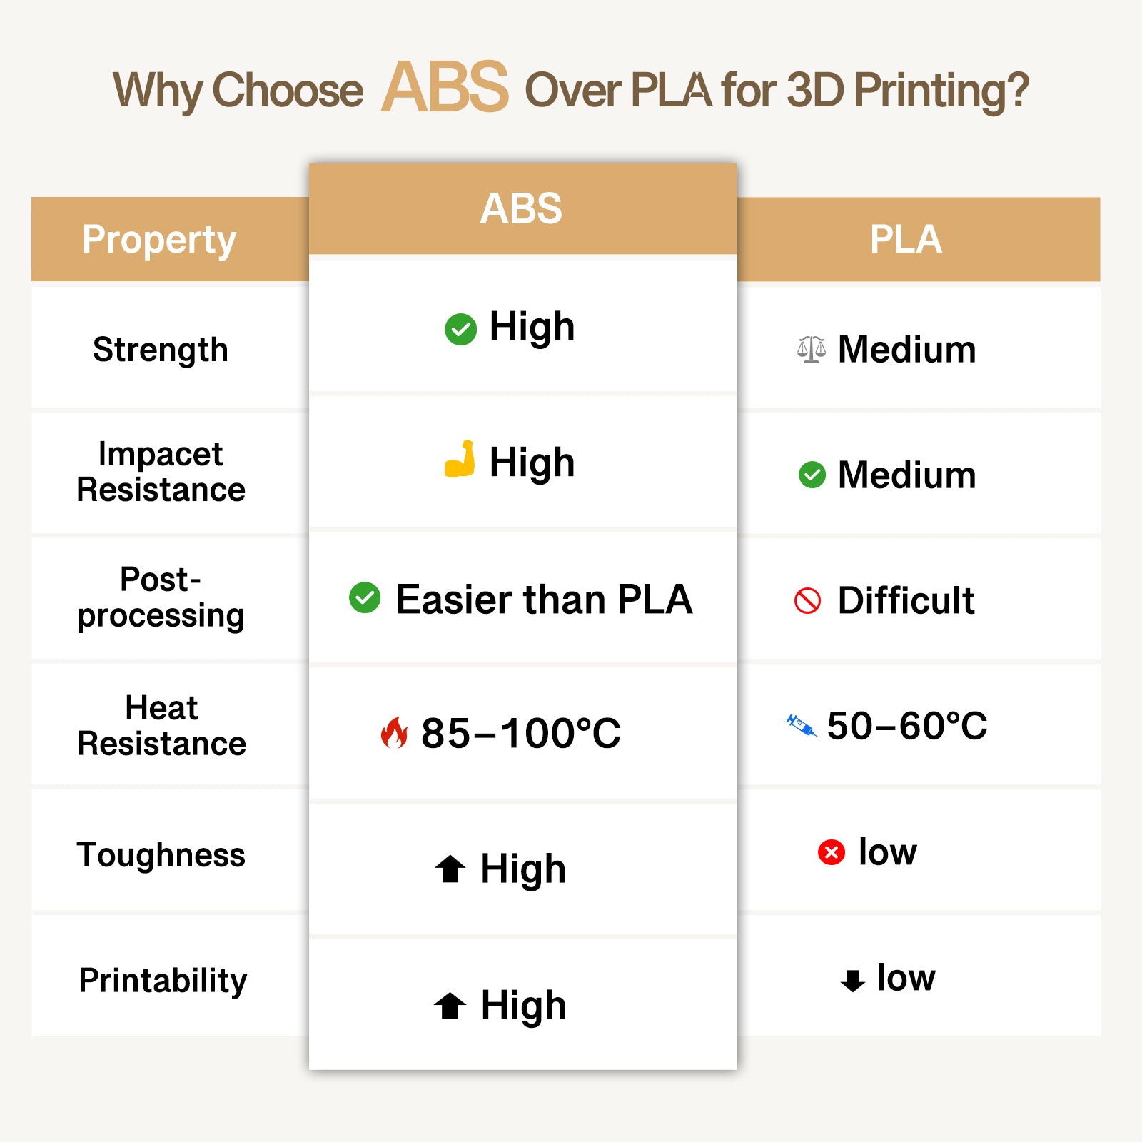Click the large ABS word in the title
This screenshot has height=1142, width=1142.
pos(445,87)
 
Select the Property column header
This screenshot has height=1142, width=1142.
pos(158,239)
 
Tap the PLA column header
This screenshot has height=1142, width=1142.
pos(906,239)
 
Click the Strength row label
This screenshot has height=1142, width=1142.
pos(161,350)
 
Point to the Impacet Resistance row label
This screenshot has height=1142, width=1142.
pos(161,472)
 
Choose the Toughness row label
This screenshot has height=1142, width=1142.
pos(161,855)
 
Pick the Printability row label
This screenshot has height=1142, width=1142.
pos(163,981)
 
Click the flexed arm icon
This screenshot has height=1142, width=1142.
pos(460,459)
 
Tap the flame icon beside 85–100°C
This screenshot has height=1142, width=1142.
pos(394,732)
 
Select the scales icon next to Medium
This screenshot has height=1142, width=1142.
pos(812,349)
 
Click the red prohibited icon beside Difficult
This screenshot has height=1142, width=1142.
pos(807,600)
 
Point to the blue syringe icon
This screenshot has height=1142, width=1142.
pos(801,726)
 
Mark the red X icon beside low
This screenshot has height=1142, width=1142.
pos(831,852)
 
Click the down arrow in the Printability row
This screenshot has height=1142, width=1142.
pos(852,980)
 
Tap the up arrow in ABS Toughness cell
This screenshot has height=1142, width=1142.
pos(450,869)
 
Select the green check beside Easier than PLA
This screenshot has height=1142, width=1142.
pos(365,597)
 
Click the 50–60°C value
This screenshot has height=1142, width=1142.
pos(906,726)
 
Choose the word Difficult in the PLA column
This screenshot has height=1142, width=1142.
pos(906,600)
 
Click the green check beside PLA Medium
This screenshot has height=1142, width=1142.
pos(812,475)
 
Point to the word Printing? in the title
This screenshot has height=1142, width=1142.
pos(941,91)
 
